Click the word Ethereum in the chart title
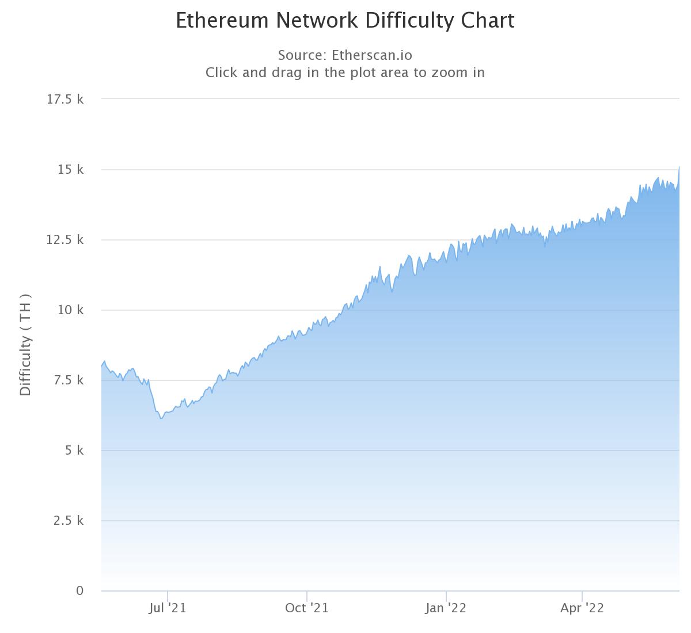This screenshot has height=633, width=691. [x=222, y=21]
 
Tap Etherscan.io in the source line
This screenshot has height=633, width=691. [x=371, y=55]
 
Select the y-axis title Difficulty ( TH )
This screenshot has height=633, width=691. [x=25, y=345]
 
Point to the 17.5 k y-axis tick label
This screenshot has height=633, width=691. [x=65, y=99]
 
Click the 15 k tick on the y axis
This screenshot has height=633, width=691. [x=70, y=170]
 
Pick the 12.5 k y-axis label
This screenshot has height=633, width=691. [x=65, y=239]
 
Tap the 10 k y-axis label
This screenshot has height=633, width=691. [x=70, y=310]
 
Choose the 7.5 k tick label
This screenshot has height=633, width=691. [x=68, y=380]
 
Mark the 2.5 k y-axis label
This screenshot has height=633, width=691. [x=68, y=521]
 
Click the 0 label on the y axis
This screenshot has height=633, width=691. [x=80, y=590]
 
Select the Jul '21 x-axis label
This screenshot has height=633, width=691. [x=168, y=608]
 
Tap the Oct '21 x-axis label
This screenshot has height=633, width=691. [x=307, y=608]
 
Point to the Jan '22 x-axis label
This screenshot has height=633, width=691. [x=446, y=608]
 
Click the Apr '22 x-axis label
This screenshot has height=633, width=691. [x=582, y=608]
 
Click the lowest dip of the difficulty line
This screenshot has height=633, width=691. [x=162, y=418]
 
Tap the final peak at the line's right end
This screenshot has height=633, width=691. [x=679, y=167]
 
